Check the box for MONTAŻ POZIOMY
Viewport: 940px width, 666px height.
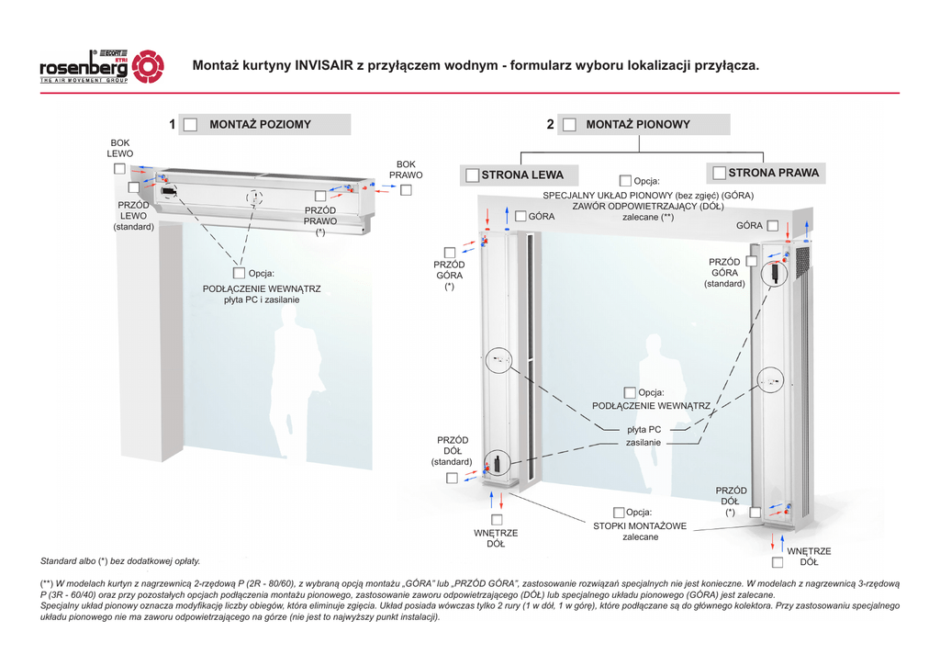click(190, 125)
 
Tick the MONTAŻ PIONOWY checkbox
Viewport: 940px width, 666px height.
click(569, 125)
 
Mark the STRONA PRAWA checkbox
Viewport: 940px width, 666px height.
click(720, 173)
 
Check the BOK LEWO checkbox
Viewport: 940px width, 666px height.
click(120, 169)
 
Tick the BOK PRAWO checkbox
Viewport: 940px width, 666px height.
click(406, 190)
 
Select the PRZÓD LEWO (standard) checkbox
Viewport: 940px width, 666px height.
click(133, 188)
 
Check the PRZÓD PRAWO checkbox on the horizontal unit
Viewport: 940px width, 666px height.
click(319, 196)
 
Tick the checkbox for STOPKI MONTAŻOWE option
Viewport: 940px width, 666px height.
click(619, 512)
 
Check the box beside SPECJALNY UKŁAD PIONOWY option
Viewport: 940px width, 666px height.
click(625, 181)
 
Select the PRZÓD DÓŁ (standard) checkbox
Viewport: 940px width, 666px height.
click(452, 478)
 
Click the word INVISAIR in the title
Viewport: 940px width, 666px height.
click(327, 66)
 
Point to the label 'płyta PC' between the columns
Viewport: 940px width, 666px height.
click(643, 429)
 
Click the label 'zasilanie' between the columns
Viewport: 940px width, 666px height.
click(643, 443)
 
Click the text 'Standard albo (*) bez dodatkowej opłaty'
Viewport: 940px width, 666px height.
click(120, 560)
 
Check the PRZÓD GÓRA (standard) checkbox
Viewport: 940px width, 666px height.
click(751, 261)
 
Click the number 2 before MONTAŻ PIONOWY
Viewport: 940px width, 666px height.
click(550, 125)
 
